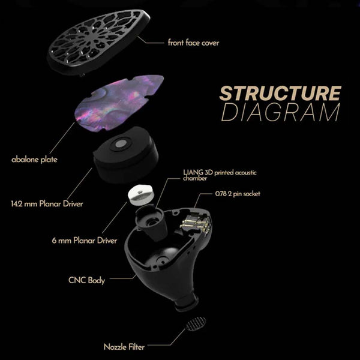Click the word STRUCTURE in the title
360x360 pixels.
[x=280, y=94]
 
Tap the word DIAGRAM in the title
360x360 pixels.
[x=280, y=113]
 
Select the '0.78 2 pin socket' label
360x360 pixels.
[x=239, y=195]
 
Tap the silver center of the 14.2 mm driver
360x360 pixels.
[x=125, y=146]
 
